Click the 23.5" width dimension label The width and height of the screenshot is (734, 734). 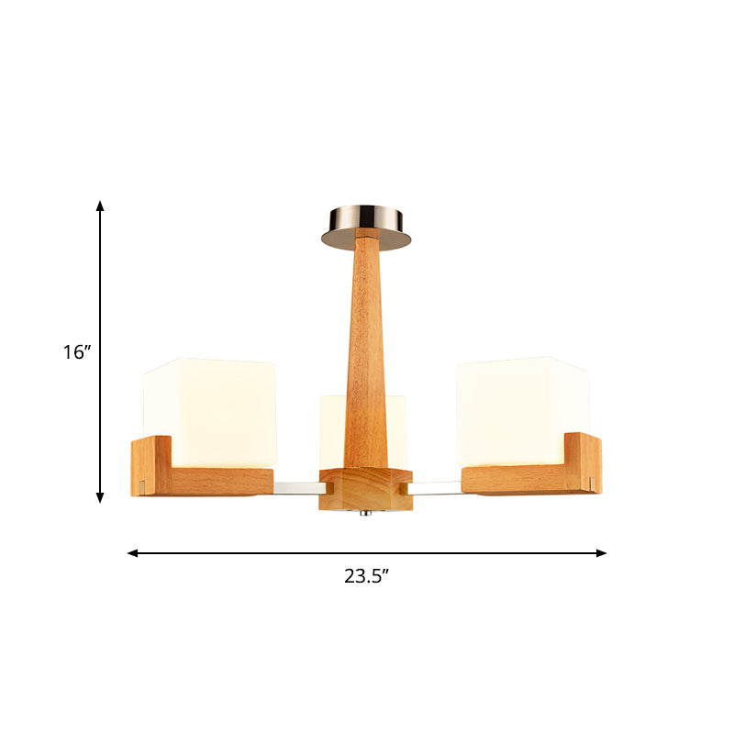367,576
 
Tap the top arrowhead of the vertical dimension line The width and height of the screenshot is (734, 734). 101,206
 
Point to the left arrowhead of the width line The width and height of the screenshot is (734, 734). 133,553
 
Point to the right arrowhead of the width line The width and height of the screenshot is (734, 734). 601,553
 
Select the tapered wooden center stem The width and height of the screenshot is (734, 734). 366,349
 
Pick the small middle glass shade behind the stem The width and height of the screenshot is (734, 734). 333,431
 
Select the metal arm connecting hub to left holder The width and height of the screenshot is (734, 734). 295,484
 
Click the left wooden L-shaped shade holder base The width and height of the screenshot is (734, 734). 220,481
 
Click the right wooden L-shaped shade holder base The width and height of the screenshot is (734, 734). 518,481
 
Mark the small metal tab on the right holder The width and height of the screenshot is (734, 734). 592,483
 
